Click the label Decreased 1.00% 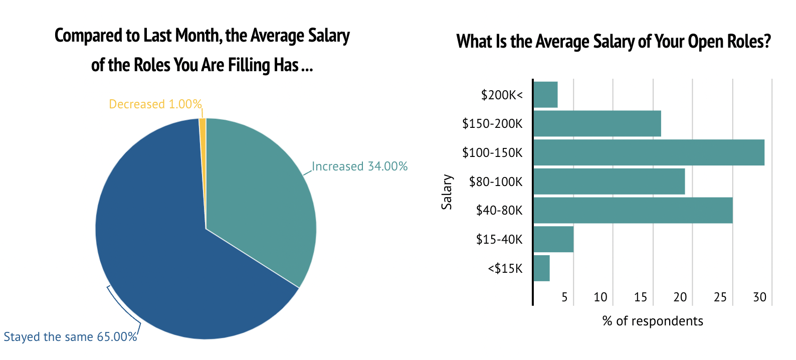pos(155,104)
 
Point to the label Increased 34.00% pos(359,166)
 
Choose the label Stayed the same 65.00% pos(70,337)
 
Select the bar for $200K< pos(545,94)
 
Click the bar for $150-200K pos(597,123)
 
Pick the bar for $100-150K pos(649,152)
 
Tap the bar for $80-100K pos(609,182)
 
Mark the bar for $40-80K pos(633,211)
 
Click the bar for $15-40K pos(553,239)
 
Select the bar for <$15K pos(541,268)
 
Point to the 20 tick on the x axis pos(680,297)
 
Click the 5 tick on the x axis pos(564,297)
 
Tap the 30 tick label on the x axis pos(760,297)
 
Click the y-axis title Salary pos(447,192)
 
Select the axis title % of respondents pos(653,321)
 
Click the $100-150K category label pos(492,153)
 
